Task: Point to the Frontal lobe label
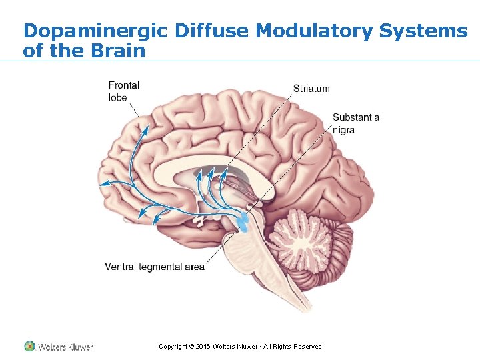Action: (123, 91)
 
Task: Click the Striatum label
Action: (311, 88)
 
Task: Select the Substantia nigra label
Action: (356, 123)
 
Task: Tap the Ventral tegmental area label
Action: (155, 267)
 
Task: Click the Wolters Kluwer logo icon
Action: (29, 347)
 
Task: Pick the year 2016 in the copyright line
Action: (203, 347)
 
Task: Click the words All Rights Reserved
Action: (293, 347)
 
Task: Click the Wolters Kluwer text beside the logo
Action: (66, 347)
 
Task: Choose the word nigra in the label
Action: (344, 130)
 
